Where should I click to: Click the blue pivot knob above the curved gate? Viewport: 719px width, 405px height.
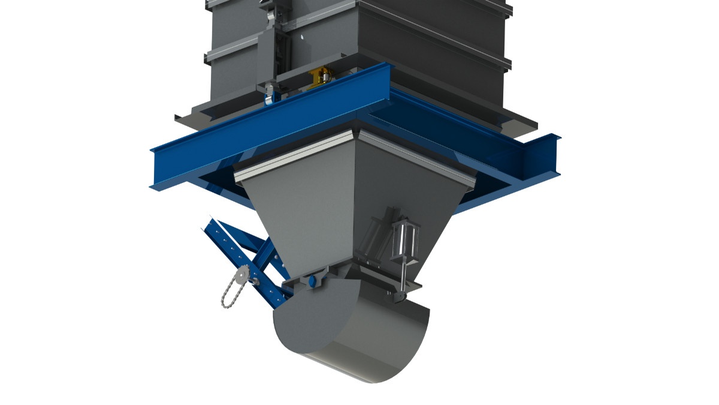[312, 281]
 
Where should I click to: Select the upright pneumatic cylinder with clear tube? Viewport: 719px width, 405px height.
[404, 239]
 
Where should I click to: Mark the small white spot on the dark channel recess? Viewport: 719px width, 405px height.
[303, 38]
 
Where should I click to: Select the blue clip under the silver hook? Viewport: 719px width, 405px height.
[269, 96]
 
